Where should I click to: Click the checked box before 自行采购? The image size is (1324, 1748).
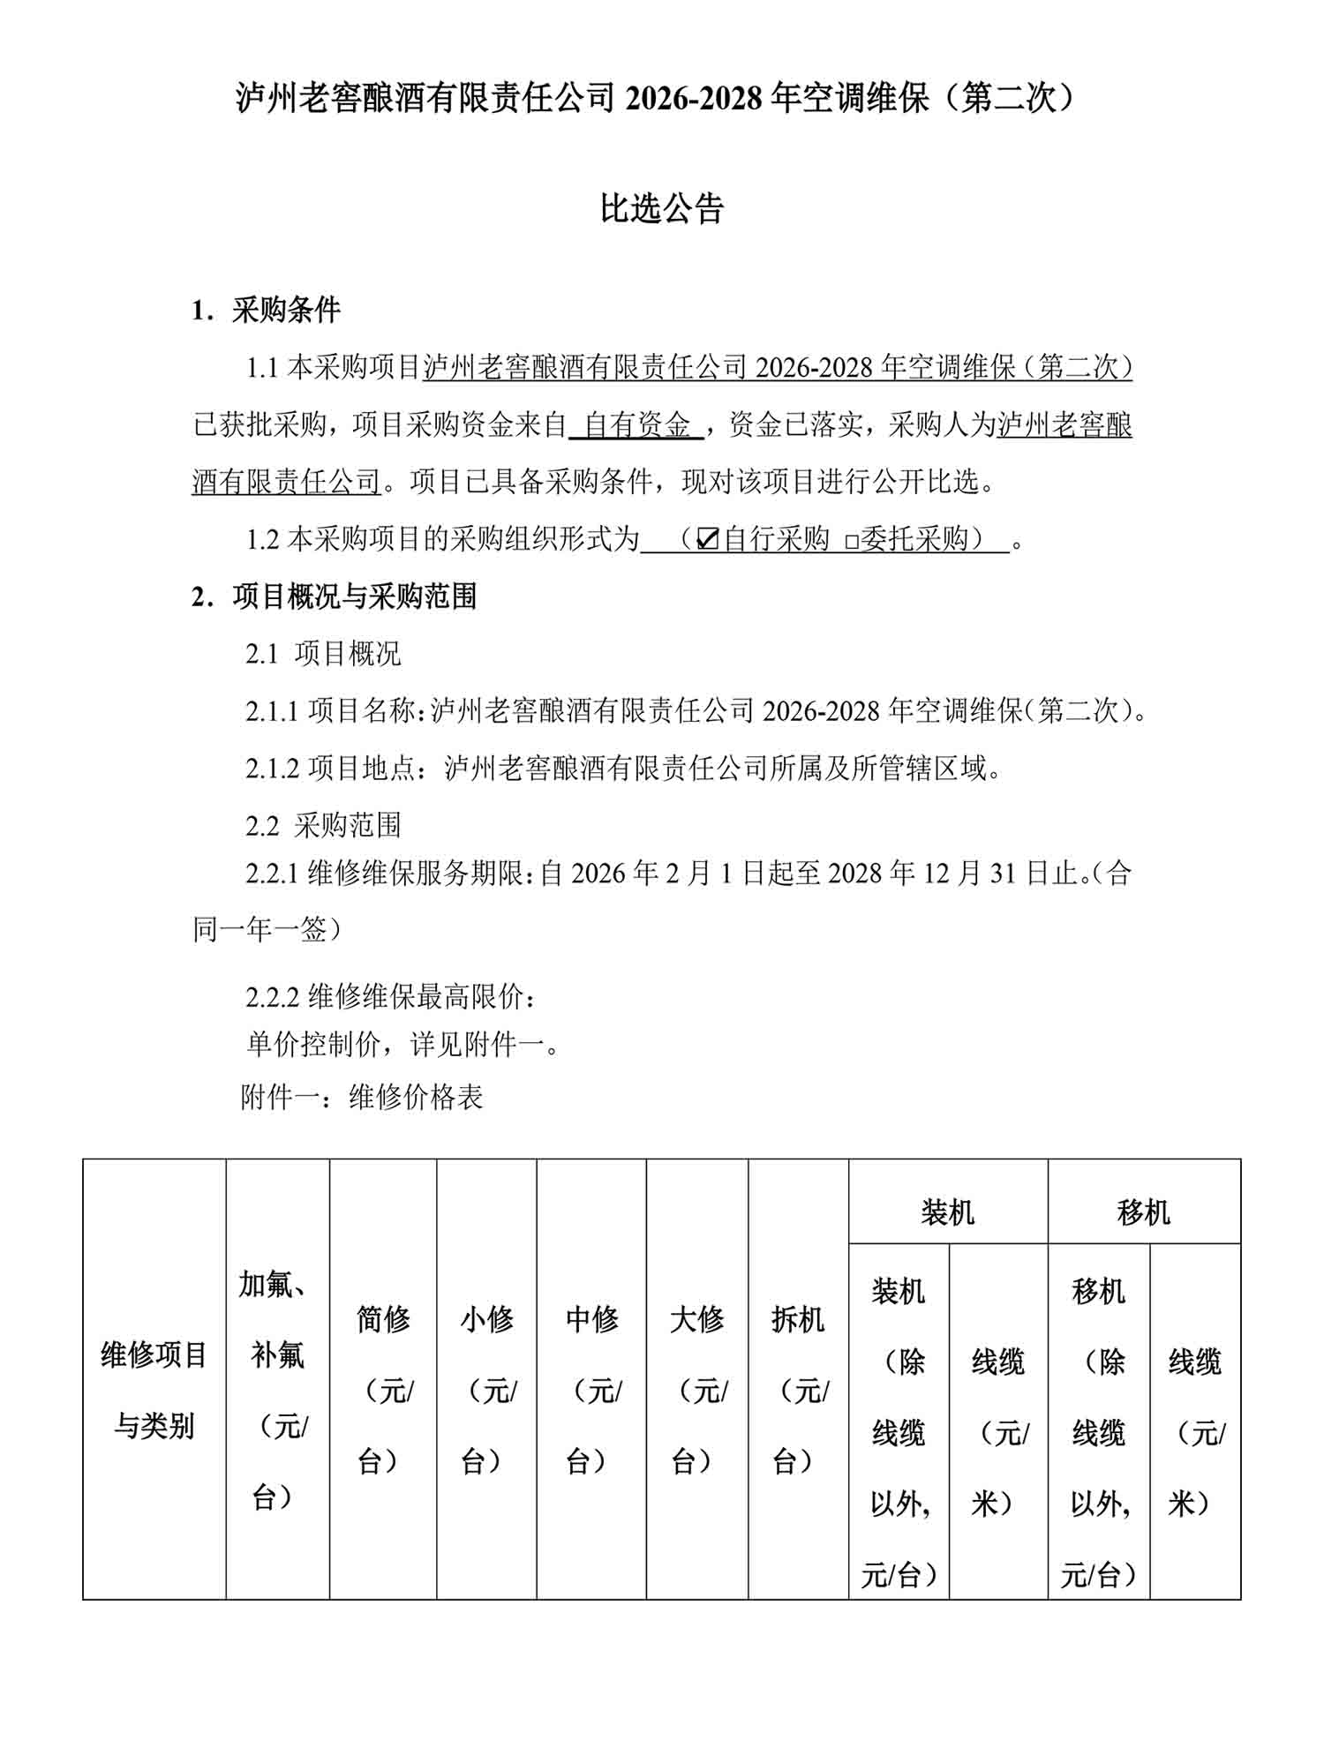(x=707, y=538)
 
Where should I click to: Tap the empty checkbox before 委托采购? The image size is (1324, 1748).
(x=852, y=541)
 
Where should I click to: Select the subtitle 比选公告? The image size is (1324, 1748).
(x=662, y=209)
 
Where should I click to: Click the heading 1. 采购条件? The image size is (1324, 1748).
(x=266, y=310)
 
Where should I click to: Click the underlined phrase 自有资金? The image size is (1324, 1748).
(x=636, y=425)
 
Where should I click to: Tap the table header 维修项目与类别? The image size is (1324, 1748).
(x=154, y=1390)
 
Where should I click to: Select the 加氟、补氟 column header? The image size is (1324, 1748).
(x=277, y=1390)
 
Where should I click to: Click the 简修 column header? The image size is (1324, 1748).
(x=383, y=1390)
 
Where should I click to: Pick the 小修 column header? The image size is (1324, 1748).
(x=486, y=1390)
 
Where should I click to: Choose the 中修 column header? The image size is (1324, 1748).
(x=591, y=1390)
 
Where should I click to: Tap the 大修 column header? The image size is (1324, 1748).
(x=697, y=1390)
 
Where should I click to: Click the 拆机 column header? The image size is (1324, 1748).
(x=798, y=1390)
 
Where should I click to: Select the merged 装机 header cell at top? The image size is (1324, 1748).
(x=948, y=1212)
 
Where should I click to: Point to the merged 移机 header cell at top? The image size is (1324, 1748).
(x=1144, y=1212)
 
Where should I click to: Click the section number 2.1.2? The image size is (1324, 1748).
(x=273, y=769)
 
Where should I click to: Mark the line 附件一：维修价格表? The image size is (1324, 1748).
(x=362, y=1097)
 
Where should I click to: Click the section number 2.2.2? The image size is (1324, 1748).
(x=273, y=997)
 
